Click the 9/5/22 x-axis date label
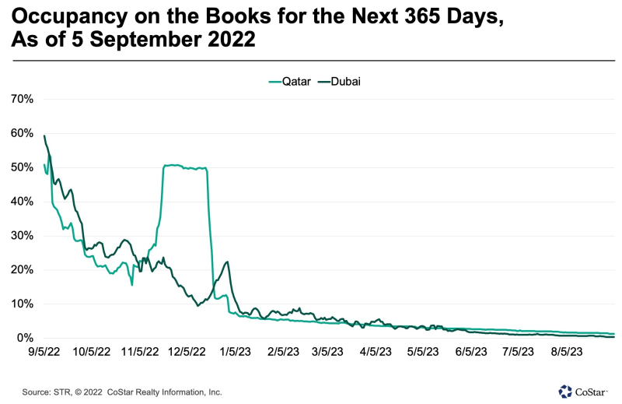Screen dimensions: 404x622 (x=44, y=352)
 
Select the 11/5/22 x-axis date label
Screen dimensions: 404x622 (x=142, y=352)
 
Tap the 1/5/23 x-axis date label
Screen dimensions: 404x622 (x=236, y=352)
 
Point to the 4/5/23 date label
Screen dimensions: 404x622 (x=377, y=352)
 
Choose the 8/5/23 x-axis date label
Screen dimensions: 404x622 (x=568, y=352)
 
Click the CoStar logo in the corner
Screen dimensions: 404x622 (x=585, y=390)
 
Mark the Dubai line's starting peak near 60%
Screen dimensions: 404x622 (x=44, y=136)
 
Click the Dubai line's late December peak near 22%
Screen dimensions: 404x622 (x=226, y=262)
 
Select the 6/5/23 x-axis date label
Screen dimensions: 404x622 (x=472, y=352)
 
